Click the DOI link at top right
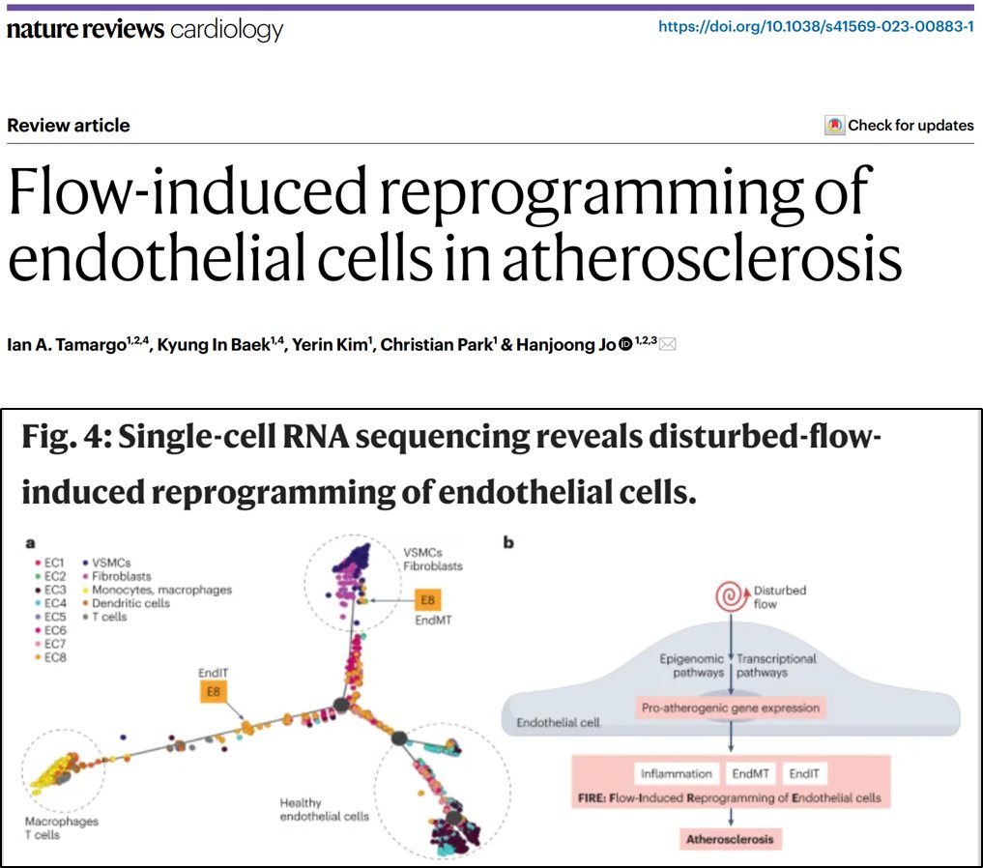pos(816,27)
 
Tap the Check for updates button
pos(899,126)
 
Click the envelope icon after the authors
pos(667,344)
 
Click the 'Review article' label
pos(68,126)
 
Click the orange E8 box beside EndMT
pos(429,599)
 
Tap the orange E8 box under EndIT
pos(213,691)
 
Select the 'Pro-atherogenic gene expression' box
pos(730,709)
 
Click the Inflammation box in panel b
pos(678,773)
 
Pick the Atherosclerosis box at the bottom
pos(730,839)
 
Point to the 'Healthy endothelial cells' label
pos(324,810)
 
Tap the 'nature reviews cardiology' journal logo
pos(145,29)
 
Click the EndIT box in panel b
pos(804,773)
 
